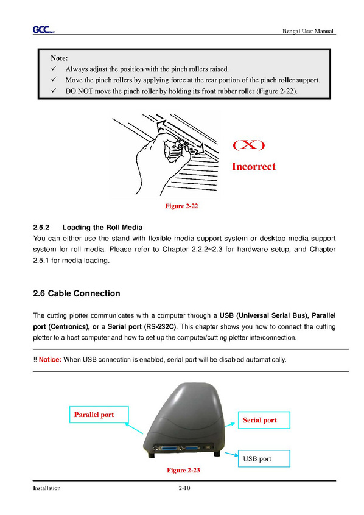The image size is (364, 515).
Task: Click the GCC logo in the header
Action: coord(44,30)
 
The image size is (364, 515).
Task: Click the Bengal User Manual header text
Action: coord(308,31)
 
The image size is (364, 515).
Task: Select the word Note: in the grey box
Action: coord(59,58)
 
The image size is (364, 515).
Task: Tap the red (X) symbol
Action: coord(249,144)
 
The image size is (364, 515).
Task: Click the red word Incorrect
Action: coord(254,167)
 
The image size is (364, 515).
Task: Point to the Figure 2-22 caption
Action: coord(181,206)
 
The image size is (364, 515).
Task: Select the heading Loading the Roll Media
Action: coord(102,228)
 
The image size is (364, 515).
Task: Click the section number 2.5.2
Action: coord(41,228)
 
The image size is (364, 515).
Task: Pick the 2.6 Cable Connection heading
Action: coord(77,293)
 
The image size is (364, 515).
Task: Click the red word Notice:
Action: coord(51,360)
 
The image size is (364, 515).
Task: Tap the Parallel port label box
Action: coord(99,415)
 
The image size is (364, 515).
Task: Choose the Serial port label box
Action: coord(264,420)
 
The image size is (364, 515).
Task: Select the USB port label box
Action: coord(264,458)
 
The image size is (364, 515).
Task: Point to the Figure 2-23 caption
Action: coord(183,470)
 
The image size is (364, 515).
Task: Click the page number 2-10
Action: coord(184,488)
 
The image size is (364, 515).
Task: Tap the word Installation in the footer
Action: coord(47,488)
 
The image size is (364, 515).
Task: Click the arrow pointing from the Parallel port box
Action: coord(134,428)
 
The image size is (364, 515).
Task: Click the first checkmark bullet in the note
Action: coord(54,68)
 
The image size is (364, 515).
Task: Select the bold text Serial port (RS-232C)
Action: coord(142,327)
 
